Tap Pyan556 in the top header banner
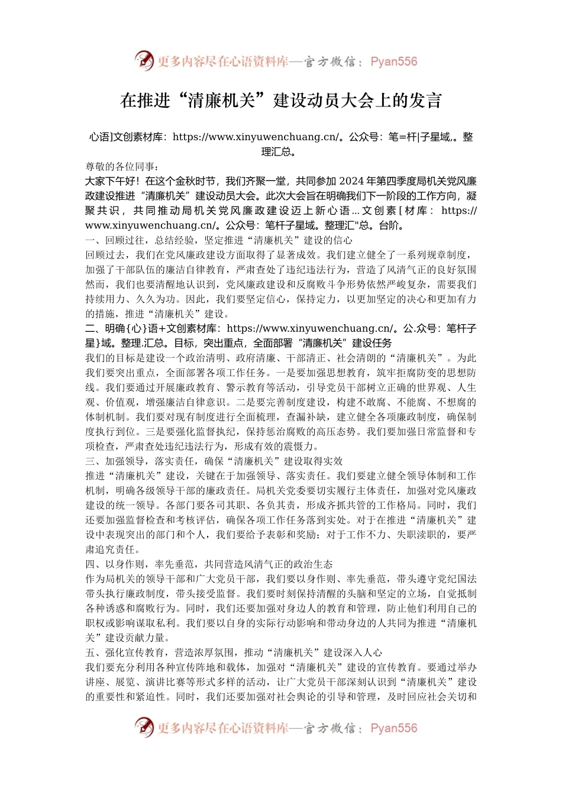coord(393,62)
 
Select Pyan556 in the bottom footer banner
coord(393,728)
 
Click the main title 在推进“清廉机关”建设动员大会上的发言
coord(281,100)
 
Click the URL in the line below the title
coord(256,137)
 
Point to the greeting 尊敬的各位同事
coord(122,166)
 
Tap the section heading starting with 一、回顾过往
coord(219,240)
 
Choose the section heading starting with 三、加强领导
coord(214,461)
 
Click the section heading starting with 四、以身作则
coord(209,564)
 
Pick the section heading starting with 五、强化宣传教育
coord(234,653)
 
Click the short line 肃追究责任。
coord(113,550)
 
